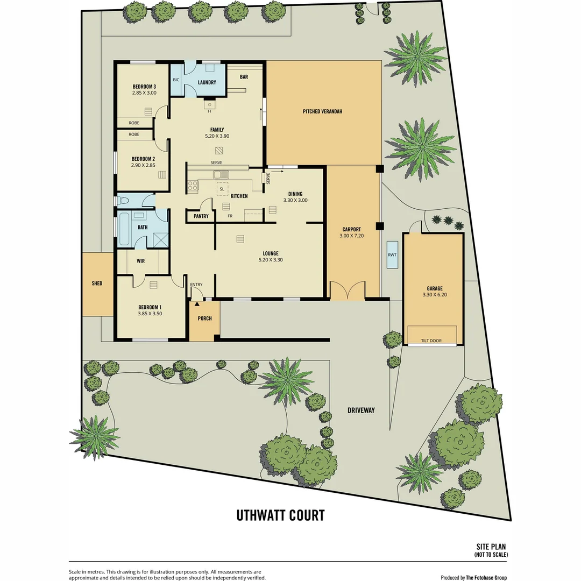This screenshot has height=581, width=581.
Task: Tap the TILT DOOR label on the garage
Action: pyautogui.click(x=431, y=341)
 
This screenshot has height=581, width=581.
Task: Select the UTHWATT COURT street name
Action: pyautogui.click(x=280, y=515)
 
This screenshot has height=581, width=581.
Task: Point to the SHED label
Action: pyautogui.click(x=97, y=284)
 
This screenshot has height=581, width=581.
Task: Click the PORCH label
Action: pyautogui.click(x=204, y=318)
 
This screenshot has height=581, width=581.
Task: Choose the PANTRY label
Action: pyautogui.click(x=197, y=216)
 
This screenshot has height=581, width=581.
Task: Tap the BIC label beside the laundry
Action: pyautogui.click(x=176, y=80)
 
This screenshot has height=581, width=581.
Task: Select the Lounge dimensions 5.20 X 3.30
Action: pyautogui.click(x=270, y=260)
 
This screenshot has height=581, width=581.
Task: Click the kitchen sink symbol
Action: pyautogui.click(x=220, y=174)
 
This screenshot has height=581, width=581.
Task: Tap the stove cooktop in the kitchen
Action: pyautogui.click(x=193, y=187)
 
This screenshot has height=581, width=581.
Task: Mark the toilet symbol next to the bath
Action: pyautogui.click(x=124, y=201)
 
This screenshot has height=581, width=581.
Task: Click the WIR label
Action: pyautogui.click(x=141, y=261)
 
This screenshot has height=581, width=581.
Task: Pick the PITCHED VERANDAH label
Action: pyautogui.click(x=323, y=111)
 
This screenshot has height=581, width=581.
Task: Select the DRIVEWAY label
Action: pyautogui.click(x=361, y=410)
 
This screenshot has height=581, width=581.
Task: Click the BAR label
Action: pyautogui.click(x=244, y=77)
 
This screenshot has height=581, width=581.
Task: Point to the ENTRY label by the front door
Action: pyautogui.click(x=196, y=285)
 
